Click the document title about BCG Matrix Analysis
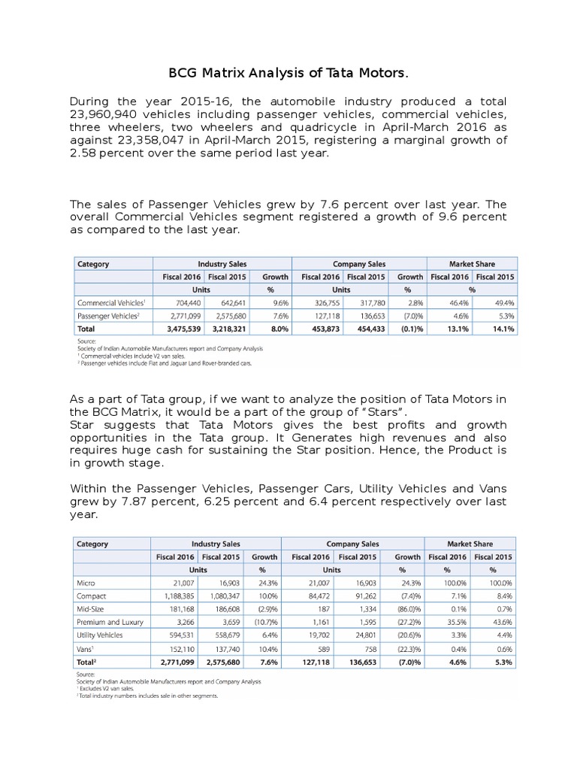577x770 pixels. coord(288,73)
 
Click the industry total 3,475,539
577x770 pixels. coord(177,329)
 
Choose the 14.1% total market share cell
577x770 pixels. coord(501,329)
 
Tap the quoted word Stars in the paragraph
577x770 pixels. coord(385,411)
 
